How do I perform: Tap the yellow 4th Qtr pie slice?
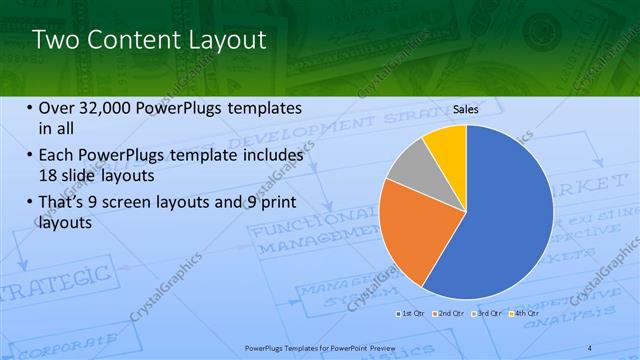[446, 145]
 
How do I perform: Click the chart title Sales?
[465, 108]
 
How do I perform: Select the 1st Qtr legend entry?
[412, 314]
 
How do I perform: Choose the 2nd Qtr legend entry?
[449, 314]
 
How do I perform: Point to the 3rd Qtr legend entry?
[487, 314]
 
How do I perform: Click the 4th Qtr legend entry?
[524, 314]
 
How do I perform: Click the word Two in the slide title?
[54, 40]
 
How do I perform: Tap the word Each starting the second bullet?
[56, 156]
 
